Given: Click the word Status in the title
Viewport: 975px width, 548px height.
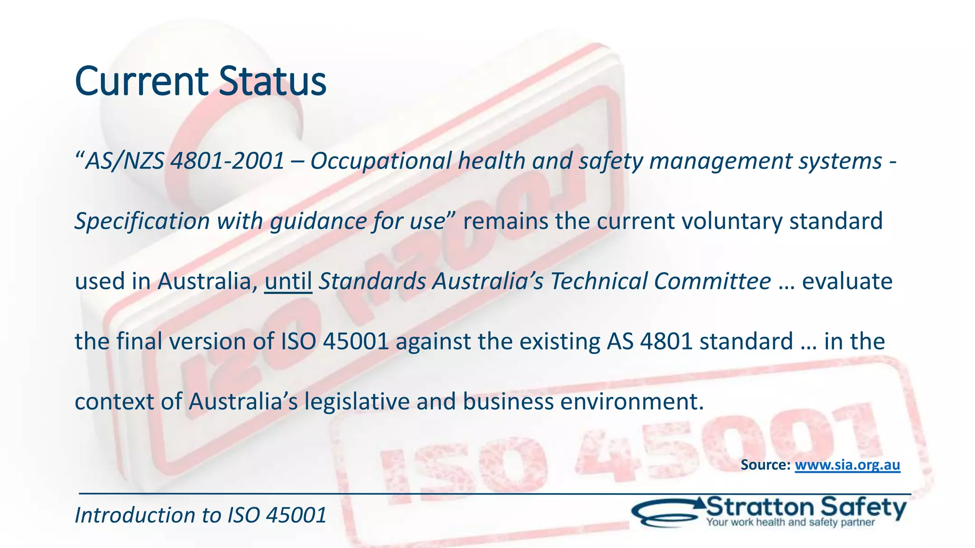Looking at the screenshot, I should pos(272,82).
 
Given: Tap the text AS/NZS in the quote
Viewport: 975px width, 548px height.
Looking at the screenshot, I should pos(124,161).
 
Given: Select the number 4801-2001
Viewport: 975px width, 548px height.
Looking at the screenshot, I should pos(227,161).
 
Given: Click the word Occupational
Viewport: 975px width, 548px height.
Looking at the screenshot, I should pos(380,161).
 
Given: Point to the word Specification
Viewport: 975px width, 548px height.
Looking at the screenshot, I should pos(142,221).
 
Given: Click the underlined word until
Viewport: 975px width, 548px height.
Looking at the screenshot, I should pos(288,281).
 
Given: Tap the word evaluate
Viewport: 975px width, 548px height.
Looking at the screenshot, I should pos(847,281).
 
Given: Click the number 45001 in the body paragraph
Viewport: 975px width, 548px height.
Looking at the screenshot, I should pos(356,342).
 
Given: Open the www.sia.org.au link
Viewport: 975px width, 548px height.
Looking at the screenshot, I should pos(847,465).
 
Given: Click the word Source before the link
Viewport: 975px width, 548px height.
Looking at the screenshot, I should pos(766,465).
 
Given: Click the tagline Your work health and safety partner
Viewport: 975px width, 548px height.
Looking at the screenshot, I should pos(790,522).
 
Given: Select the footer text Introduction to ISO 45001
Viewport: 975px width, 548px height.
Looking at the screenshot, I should pos(200,515).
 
